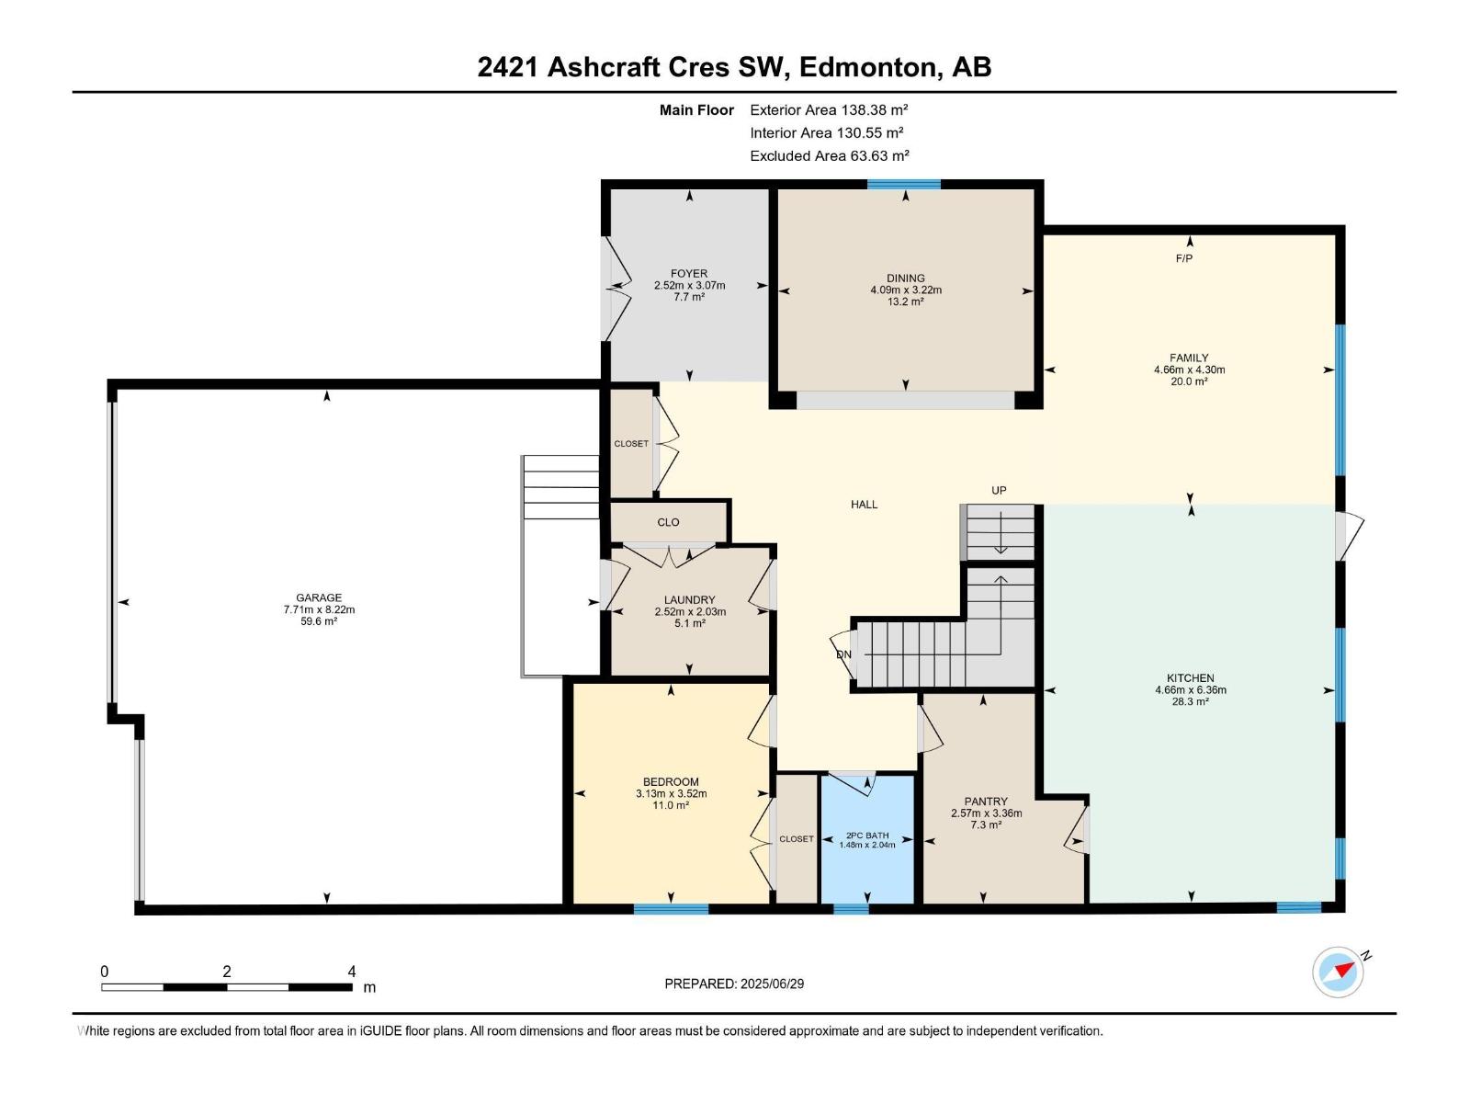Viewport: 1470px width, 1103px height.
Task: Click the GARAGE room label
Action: (319, 597)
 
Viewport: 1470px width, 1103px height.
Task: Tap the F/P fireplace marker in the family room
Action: (1184, 259)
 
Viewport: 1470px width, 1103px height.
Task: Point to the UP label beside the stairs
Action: (999, 491)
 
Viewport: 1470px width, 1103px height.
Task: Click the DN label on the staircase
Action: (843, 654)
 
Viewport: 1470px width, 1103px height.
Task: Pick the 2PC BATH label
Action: (867, 836)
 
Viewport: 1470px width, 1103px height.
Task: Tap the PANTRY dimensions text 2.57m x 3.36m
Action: (986, 813)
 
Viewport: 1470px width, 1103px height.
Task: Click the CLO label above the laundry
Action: (668, 522)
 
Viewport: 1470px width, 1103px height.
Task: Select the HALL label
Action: (864, 505)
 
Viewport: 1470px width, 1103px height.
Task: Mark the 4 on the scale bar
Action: (352, 972)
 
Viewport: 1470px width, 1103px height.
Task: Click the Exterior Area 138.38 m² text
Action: (829, 110)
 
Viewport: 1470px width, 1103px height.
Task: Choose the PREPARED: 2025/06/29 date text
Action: (734, 984)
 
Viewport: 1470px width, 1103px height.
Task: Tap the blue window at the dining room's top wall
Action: (904, 185)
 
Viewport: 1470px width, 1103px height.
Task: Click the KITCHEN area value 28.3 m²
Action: (1190, 701)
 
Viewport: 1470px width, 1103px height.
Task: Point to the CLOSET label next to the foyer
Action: (631, 444)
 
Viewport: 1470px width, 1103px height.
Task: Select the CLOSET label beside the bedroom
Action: (797, 839)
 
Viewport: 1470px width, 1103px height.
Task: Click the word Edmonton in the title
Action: (870, 67)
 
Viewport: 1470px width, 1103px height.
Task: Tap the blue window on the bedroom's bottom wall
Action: (671, 909)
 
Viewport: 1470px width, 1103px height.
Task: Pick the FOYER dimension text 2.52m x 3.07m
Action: (689, 286)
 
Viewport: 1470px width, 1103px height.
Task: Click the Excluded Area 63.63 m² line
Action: (829, 156)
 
